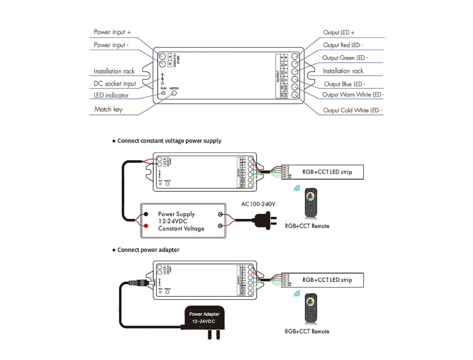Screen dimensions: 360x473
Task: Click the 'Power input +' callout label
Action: [112, 32]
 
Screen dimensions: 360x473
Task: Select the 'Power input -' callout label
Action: [111, 45]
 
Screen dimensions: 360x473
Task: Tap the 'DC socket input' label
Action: [115, 84]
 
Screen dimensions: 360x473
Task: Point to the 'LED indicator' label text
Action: [111, 95]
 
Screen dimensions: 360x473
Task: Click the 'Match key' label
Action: [108, 109]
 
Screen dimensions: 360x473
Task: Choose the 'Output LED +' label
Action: [339, 32]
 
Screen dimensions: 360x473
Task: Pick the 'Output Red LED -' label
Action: [343, 45]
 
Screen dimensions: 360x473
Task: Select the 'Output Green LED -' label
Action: [345, 58]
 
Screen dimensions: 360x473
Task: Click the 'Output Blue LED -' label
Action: [344, 84]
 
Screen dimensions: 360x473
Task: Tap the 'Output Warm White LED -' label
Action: [353, 95]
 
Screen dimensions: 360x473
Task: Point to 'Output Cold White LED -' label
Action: [352, 110]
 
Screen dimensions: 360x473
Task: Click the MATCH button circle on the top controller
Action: [174, 93]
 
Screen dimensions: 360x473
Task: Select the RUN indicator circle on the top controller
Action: [163, 93]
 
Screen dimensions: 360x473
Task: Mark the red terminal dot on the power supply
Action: [146, 225]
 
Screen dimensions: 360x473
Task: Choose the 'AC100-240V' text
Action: [258, 204]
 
